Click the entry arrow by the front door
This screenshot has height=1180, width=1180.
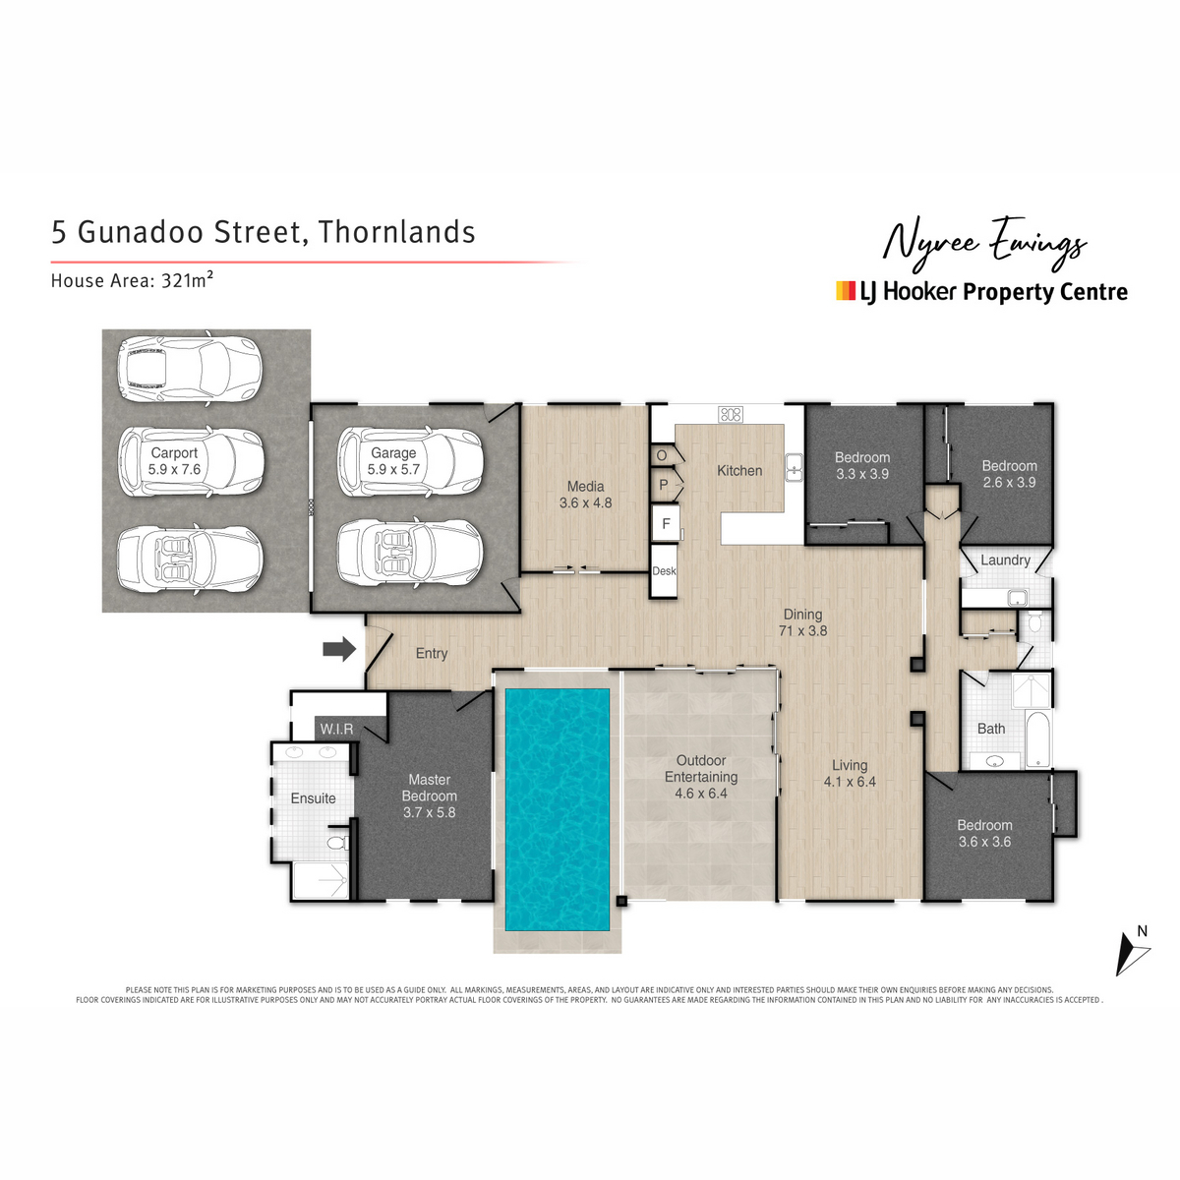point(339,649)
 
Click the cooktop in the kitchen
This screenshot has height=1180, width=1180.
point(731,415)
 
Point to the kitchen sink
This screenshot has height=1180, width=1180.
point(795,468)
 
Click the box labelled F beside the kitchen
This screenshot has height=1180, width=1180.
point(666,523)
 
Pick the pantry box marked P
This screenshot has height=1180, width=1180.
point(663,485)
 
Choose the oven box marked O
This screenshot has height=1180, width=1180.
point(662,455)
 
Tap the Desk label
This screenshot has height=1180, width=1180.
point(664,570)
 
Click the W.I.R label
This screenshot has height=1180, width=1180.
point(336,729)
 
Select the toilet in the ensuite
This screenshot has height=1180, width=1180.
point(338,843)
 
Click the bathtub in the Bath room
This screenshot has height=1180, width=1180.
point(1037,739)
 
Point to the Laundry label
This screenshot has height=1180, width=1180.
point(1005,560)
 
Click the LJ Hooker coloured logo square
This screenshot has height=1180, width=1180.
point(845,291)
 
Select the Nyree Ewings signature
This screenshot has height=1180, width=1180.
point(984,244)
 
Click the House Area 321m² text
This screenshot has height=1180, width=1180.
point(133,280)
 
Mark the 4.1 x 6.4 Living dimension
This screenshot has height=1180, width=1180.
point(850,782)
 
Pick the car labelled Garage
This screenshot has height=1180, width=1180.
point(410,462)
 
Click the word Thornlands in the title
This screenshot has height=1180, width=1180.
point(397,232)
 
